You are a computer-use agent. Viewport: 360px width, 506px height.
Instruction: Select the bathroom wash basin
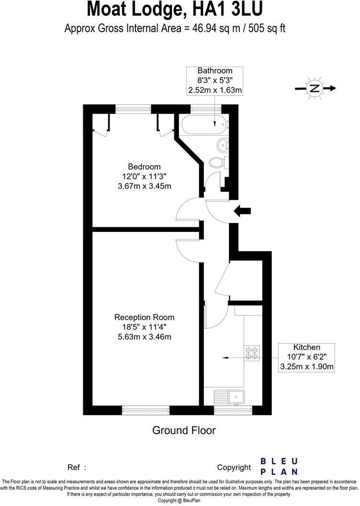(x=223, y=143)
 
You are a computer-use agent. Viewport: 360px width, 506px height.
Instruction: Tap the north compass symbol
(x=315, y=88)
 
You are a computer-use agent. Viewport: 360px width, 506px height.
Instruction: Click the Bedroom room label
(x=144, y=167)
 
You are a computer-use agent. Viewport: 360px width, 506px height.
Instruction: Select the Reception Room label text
(x=144, y=317)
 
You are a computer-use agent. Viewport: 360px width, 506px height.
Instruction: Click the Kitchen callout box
(x=306, y=357)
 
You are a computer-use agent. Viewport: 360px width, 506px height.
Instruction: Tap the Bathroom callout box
(x=215, y=80)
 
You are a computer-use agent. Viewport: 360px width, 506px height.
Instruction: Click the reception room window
(x=146, y=410)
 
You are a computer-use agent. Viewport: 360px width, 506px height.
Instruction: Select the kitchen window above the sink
(x=233, y=410)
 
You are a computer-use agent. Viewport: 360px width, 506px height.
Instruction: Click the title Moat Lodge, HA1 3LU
(x=175, y=10)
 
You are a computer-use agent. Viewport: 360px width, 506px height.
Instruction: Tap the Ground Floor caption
(x=184, y=430)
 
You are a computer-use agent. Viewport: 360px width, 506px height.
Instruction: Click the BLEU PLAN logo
(x=279, y=466)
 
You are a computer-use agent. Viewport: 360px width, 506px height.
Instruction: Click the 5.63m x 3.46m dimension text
(x=144, y=337)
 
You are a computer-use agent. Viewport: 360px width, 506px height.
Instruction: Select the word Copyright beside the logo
(x=234, y=467)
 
